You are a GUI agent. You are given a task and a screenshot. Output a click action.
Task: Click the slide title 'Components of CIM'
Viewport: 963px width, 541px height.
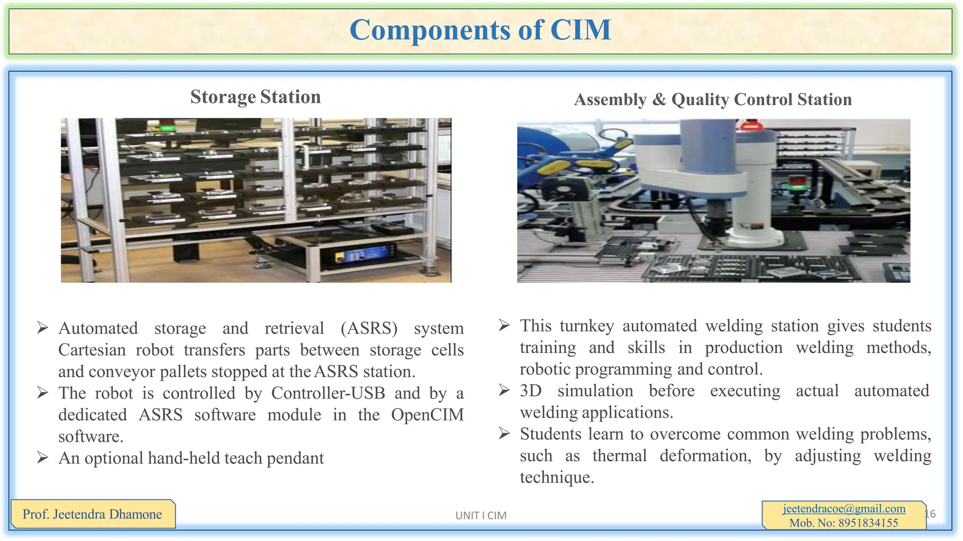480,30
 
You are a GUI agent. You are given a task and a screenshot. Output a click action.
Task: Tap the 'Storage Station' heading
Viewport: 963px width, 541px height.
255,97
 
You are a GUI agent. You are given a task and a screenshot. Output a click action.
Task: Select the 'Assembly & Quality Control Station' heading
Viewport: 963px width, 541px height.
713,100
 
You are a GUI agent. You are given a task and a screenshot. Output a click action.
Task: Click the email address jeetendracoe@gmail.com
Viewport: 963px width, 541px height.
844,509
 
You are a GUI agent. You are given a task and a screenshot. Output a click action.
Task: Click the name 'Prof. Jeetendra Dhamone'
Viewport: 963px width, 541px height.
92,514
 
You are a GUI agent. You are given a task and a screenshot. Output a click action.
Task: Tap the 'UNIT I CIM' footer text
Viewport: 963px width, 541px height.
481,516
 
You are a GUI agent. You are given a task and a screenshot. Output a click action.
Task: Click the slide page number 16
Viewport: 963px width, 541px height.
931,514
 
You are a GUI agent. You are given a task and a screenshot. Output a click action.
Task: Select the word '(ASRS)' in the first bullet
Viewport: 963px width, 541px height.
369,328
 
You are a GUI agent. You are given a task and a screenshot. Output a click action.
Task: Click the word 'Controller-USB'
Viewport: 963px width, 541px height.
328,393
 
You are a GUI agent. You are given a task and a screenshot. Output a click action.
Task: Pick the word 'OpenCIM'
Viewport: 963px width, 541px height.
427,415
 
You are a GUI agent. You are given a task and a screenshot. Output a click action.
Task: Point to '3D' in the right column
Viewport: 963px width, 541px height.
531,391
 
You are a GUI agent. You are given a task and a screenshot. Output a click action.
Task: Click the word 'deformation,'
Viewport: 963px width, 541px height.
705,456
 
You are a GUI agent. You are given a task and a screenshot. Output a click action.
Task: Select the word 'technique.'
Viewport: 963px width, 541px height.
557,477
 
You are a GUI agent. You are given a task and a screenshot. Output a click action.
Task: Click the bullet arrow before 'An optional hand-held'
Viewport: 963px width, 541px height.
43,457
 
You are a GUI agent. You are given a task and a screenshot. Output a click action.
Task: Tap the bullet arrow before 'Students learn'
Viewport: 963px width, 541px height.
504,433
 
